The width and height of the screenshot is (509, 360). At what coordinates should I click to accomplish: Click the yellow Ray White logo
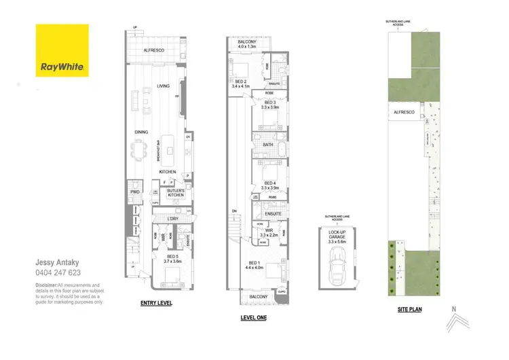pyautogui.click(x=61, y=51)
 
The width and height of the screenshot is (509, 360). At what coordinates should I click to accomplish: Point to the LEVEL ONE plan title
pyautogui.click(x=253, y=317)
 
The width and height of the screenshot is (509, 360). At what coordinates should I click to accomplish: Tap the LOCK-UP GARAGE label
pyautogui.click(x=337, y=234)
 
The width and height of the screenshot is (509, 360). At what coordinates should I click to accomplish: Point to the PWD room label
pyautogui.click(x=134, y=192)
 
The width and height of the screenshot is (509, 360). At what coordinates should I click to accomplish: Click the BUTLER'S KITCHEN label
pyautogui.click(x=176, y=193)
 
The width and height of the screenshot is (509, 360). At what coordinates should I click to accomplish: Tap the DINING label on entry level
pyautogui.click(x=141, y=132)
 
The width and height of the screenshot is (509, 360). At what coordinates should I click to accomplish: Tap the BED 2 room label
pyautogui.click(x=242, y=84)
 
